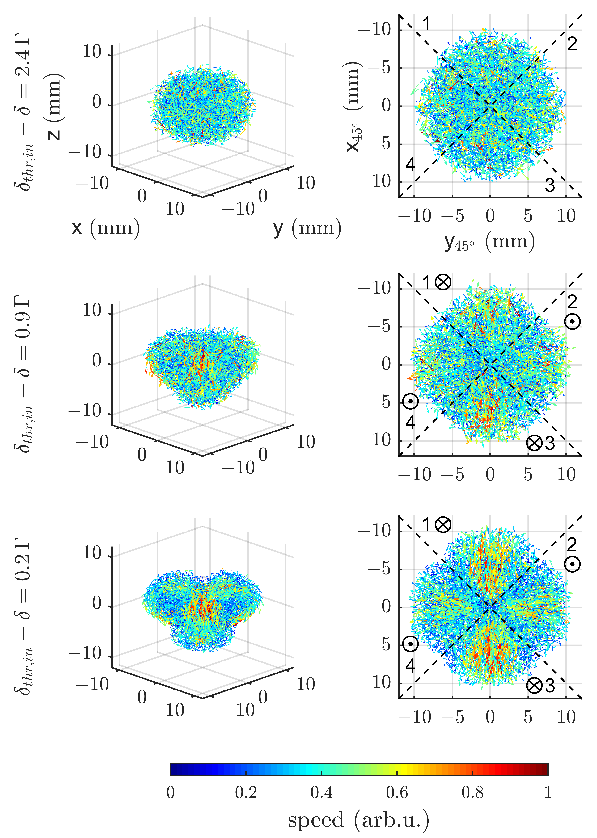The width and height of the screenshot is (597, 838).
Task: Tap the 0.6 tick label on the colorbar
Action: pyautogui.click(x=397, y=792)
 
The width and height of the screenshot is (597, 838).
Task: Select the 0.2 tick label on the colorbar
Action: pyautogui.click(x=246, y=792)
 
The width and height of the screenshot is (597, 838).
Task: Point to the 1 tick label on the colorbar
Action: pyautogui.click(x=548, y=792)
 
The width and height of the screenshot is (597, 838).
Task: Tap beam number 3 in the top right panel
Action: pyautogui.click(x=550, y=186)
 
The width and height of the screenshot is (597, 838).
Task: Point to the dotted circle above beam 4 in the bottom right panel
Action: pyautogui.click(x=410, y=644)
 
